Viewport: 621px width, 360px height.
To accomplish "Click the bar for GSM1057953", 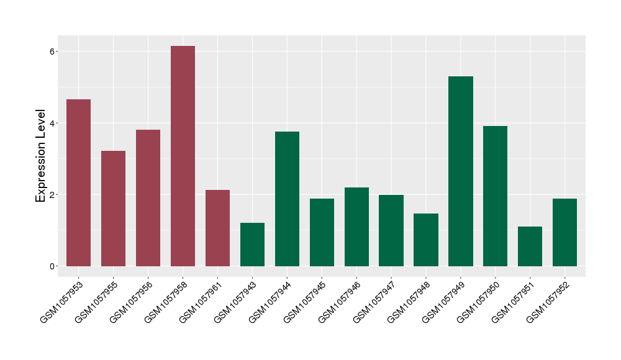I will pos(79,183).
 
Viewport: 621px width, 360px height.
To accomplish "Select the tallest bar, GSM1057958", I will pos(183,156).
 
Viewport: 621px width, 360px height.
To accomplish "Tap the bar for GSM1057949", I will pos(460,171).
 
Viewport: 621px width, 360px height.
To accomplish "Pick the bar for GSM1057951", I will pos(530,246).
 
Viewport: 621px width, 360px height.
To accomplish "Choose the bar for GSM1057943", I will pos(252,245).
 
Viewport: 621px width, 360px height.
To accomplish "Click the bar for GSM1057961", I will pos(217,228).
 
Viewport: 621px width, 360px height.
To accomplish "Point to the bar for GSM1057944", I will pos(287,199).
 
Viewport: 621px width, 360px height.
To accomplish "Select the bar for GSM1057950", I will pos(495,196).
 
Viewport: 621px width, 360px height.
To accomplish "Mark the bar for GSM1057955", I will pos(114,209).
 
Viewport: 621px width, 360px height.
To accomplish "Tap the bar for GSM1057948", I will pos(426,240).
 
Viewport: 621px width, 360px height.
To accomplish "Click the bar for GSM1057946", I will pos(356,227).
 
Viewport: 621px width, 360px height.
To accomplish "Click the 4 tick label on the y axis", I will pos(53,123).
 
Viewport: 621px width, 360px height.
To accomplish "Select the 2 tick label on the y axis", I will pos(53,195).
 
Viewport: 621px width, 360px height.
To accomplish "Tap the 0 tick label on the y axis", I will pos(53,266).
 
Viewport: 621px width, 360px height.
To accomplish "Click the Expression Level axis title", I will pos(41,156).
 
